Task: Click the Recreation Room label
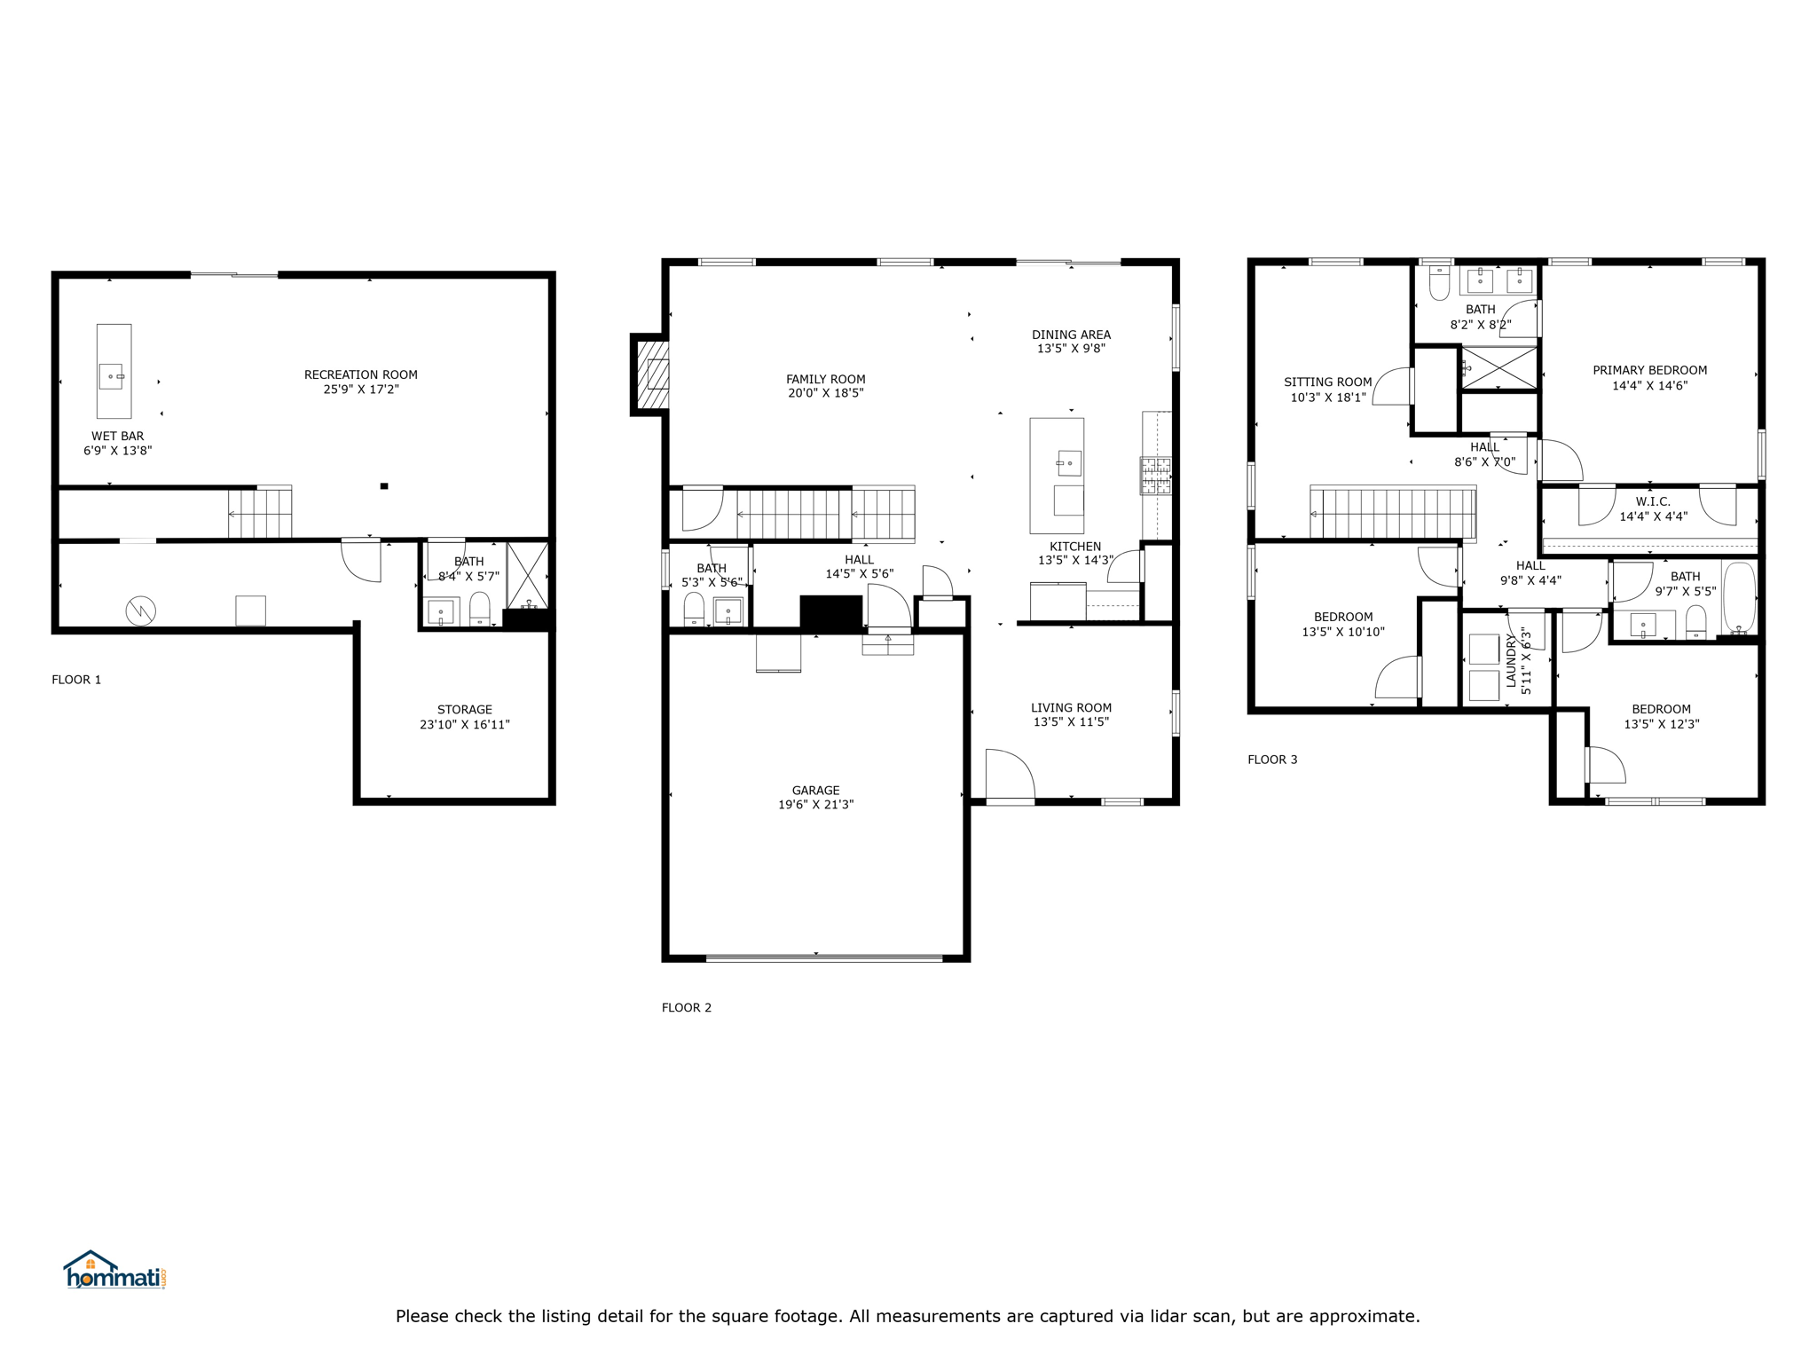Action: [360, 374]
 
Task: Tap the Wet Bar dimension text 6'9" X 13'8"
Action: [118, 451]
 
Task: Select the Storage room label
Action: [465, 710]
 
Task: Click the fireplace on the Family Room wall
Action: [650, 374]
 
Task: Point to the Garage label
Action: [816, 790]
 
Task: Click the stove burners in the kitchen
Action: [1155, 476]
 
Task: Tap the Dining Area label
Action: [1071, 335]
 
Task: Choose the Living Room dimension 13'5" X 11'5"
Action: [1071, 722]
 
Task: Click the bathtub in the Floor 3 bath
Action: [1739, 597]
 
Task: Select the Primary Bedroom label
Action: [1649, 370]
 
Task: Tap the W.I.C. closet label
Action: [1653, 501]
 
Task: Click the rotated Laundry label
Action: [1511, 660]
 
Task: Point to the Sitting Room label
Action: [1327, 382]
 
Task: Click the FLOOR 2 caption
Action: [687, 1007]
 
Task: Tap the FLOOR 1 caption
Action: [76, 680]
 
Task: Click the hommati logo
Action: [114, 1270]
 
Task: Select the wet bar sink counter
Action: [114, 371]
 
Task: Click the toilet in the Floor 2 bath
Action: [694, 609]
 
